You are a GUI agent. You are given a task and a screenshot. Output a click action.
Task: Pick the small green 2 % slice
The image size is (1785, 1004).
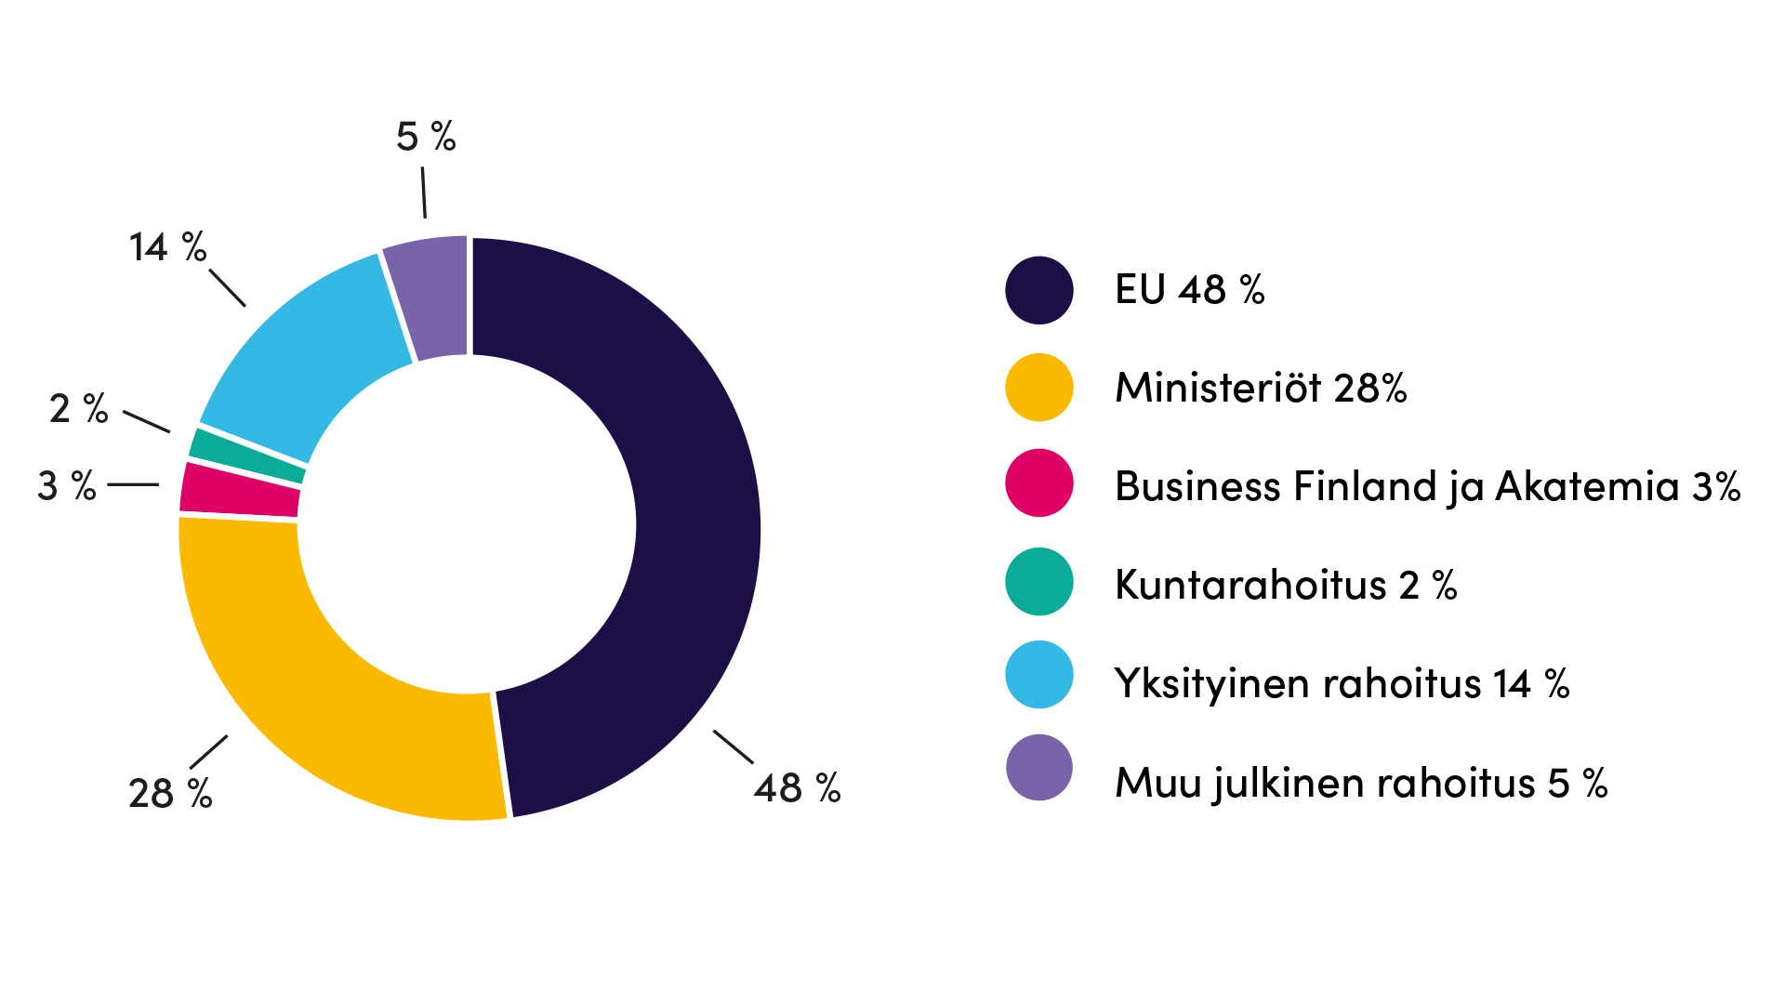tap(247, 456)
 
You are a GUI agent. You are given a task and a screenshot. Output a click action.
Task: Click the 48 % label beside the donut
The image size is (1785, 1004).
tap(797, 788)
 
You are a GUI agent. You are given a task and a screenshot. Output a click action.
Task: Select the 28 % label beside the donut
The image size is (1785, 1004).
tap(170, 794)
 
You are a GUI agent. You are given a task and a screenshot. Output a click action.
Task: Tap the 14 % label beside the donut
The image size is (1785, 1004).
tap(167, 247)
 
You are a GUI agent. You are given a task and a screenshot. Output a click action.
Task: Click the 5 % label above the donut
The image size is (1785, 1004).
tap(426, 137)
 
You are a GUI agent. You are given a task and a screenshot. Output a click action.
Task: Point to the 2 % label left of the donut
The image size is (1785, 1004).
tap(78, 409)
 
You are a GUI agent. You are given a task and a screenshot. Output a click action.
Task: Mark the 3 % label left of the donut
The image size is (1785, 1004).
tap(66, 486)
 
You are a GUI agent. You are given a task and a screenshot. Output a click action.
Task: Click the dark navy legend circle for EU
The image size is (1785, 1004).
tap(1039, 290)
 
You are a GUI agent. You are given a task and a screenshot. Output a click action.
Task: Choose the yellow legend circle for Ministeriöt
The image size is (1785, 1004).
tap(1039, 388)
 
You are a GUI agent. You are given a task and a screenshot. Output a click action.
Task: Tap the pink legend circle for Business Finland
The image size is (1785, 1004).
tap(1039, 483)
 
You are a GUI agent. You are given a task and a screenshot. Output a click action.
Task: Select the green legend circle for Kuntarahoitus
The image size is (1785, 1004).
tap(1039, 582)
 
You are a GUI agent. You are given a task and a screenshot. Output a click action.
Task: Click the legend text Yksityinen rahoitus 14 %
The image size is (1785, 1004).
tap(1342, 684)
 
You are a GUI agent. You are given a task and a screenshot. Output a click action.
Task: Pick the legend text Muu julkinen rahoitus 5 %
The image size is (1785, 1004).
tap(1361, 783)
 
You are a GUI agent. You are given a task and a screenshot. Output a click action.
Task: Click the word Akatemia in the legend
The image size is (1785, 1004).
tap(1586, 486)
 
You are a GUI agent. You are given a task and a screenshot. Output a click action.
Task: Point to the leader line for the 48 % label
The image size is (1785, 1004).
tap(733, 746)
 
